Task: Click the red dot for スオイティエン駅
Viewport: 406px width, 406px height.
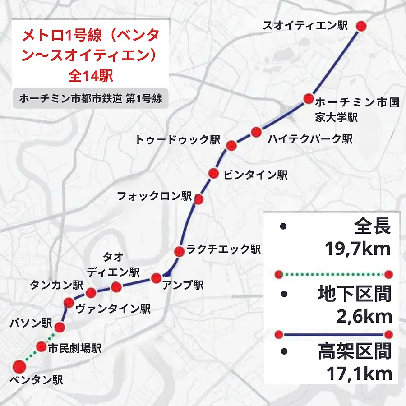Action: tap(360, 26)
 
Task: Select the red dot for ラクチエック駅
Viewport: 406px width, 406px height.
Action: tap(179, 251)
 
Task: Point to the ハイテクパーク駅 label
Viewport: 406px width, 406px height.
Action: tap(309, 139)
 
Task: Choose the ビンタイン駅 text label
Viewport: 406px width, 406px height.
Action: tap(255, 175)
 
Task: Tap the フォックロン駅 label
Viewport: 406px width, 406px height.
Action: tap(154, 196)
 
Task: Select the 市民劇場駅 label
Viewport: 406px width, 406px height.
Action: tap(74, 348)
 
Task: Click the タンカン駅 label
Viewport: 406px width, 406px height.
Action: tap(56, 285)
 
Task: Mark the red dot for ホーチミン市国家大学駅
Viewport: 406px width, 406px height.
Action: tap(309, 98)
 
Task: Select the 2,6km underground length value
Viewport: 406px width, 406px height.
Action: tap(364, 317)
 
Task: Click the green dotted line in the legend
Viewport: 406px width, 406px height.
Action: tap(334, 274)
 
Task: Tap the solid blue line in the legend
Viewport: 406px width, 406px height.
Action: tap(334, 335)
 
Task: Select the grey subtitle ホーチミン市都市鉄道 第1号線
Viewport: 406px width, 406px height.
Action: tap(90, 99)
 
